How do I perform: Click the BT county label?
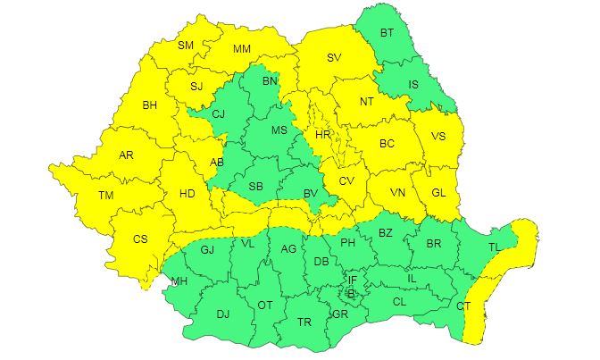tap(387, 33)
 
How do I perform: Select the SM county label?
tap(186, 46)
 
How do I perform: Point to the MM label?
tap(241, 49)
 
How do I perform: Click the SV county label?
tap(334, 58)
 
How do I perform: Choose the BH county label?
tap(150, 105)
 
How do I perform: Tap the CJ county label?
tap(217, 114)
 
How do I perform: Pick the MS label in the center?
tap(279, 130)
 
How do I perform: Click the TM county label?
tap(106, 196)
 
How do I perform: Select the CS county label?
tap(140, 239)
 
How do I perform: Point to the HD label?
tap(187, 193)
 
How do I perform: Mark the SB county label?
tap(255, 186)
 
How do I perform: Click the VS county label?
tap(437, 137)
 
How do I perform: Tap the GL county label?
tap(437, 192)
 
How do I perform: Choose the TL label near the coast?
tap(494, 247)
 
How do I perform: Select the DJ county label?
tap(222, 314)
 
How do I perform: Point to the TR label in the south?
tap(304, 322)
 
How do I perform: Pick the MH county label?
tap(179, 283)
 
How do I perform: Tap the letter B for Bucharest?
tap(351, 293)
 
